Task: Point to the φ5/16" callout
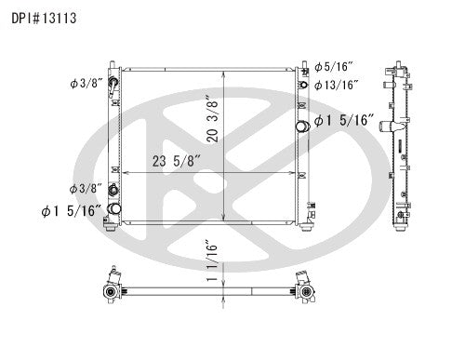click(334, 67)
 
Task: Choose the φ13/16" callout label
click(337, 86)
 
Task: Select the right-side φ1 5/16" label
click(345, 120)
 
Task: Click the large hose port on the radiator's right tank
click(302, 127)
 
